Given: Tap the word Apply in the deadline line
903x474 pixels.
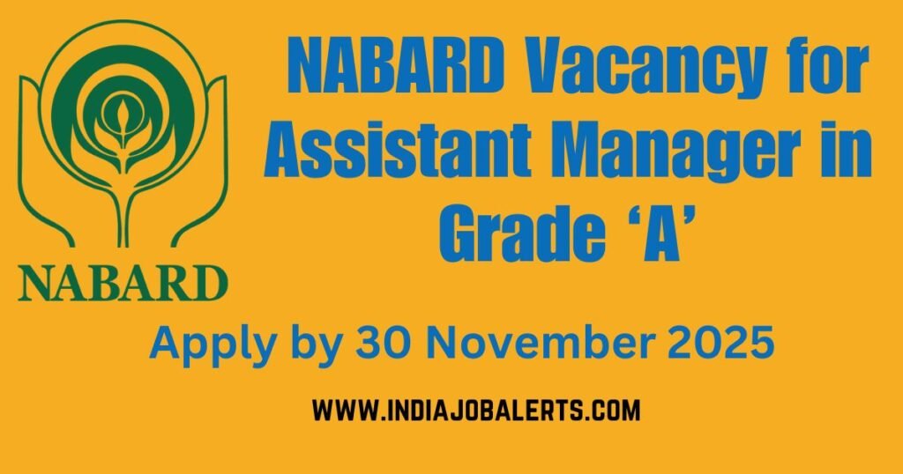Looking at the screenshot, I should click(x=198, y=342).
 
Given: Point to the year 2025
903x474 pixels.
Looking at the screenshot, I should click(x=718, y=341).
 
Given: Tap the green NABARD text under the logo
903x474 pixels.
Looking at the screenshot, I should click(x=123, y=285).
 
